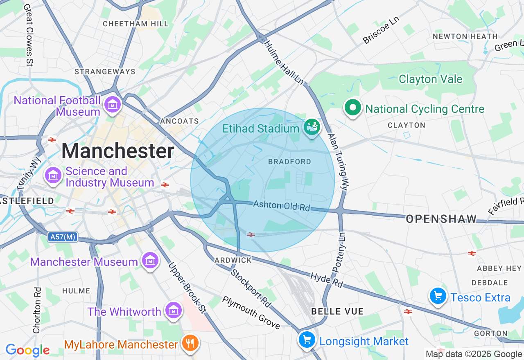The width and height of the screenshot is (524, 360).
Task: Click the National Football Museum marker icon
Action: pos(112,104)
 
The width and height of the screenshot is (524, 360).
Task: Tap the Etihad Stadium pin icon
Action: pos(312,127)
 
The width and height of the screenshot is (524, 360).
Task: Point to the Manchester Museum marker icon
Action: pos(150,260)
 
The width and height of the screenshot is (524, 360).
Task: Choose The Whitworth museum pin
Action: pos(174,310)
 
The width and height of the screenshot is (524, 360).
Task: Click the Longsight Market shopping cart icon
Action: pos(307,339)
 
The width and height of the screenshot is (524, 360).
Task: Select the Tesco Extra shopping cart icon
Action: pos(438,296)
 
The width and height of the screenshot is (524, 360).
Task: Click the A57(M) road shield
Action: pos(62,237)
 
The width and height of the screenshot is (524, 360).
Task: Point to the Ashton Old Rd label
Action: pos(282,205)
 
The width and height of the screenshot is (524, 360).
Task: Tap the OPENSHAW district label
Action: pos(441,219)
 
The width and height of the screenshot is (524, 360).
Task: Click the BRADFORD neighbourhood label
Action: pos(289,162)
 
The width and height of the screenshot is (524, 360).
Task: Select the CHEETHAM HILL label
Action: pos(136,24)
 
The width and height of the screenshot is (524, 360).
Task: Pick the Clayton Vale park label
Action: pos(430,79)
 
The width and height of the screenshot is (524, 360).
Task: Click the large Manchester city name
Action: pos(118,151)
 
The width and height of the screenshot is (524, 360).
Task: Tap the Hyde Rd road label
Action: pos(326,280)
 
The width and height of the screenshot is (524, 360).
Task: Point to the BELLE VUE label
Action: pos(337,311)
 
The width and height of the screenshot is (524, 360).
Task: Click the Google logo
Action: pos(27,350)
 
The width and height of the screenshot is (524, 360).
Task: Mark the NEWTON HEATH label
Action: pos(465,36)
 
